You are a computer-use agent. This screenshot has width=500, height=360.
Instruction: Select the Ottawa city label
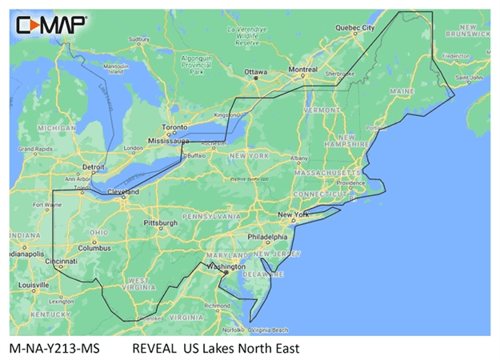click(256, 72)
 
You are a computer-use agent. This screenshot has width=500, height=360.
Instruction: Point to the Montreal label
click(302, 70)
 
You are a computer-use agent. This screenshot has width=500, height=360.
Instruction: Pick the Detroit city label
click(94, 167)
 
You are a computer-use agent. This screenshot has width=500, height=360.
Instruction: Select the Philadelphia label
click(267, 238)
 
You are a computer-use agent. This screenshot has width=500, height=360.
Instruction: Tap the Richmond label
click(218, 306)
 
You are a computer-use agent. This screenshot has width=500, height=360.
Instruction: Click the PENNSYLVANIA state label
click(211, 217)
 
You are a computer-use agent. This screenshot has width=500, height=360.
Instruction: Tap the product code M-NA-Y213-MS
click(50, 348)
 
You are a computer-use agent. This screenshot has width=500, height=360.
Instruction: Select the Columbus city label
click(94, 248)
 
